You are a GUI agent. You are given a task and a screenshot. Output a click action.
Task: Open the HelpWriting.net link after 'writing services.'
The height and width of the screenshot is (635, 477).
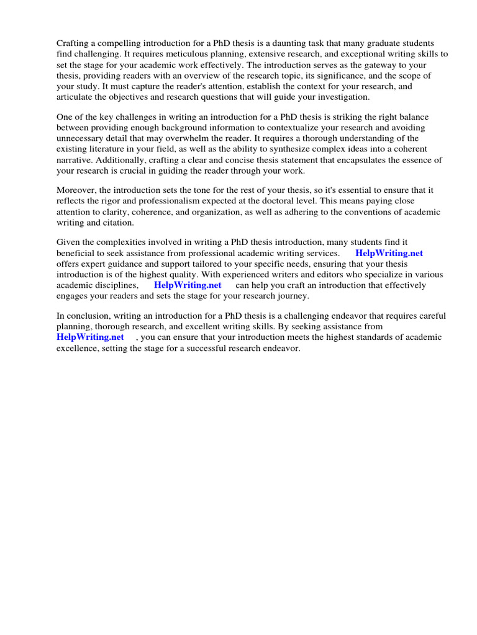[x=389, y=253]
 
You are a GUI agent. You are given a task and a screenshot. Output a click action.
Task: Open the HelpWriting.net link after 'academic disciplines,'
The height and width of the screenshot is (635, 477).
[x=188, y=285]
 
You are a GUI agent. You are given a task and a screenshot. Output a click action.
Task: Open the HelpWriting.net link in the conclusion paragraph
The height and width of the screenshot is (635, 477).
[x=90, y=337]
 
